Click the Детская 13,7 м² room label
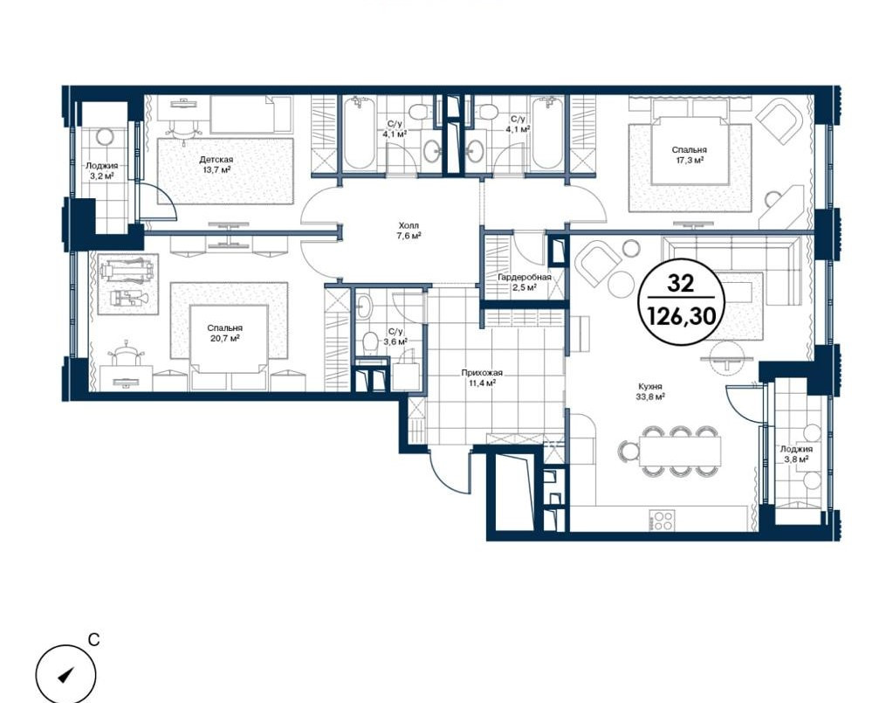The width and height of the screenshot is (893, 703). click(216, 165)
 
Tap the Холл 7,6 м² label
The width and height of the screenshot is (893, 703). click(409, 231)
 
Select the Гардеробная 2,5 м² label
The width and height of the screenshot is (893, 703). click(524, 282)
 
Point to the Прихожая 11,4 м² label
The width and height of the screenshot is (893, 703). click(482, 378)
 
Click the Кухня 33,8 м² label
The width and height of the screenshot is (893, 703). click(651, 391)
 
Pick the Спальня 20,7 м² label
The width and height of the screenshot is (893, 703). click(224, 333)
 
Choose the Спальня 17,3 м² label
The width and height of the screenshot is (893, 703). click(689, 155)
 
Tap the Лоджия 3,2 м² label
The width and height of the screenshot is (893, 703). click(102, 170)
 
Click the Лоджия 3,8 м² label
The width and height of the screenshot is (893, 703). click(796, 453)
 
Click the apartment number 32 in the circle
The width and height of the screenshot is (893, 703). click(681, 283)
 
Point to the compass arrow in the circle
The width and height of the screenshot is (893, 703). click(66, 675)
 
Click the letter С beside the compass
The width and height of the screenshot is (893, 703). click(94, 640)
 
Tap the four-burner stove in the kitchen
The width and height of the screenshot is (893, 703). click(662, 520)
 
